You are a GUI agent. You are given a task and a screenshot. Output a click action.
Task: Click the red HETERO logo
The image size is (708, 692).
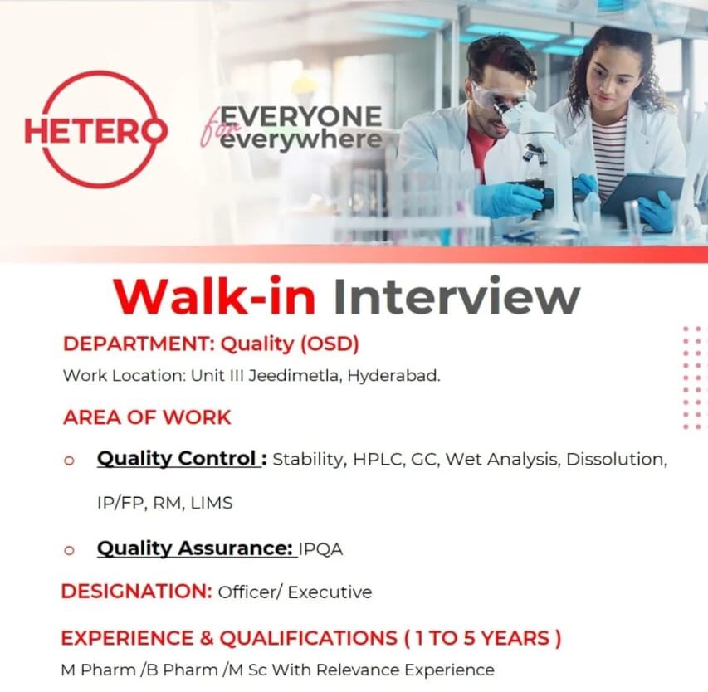[x=95, y=129]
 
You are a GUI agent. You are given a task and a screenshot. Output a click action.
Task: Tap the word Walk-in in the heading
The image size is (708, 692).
[x=214, y=297]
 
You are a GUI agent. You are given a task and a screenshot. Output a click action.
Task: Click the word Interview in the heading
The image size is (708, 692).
[x=456, y=297]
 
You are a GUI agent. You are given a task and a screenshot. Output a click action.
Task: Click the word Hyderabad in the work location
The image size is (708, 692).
[x=393, y=375]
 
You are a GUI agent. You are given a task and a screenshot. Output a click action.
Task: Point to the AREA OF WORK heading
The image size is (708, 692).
[x=147, y=417]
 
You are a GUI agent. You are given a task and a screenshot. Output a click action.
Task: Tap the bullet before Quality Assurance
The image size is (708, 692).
[x=70, y=549]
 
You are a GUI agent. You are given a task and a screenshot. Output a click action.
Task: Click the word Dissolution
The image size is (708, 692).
[x=617, y=459]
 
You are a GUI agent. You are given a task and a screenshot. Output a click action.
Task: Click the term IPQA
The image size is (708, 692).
[x=320, y=549]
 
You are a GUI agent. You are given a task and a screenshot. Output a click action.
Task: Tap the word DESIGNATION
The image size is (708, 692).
[x=136, y=592]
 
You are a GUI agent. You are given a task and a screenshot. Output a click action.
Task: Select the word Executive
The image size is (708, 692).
[x=330, y=592]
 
